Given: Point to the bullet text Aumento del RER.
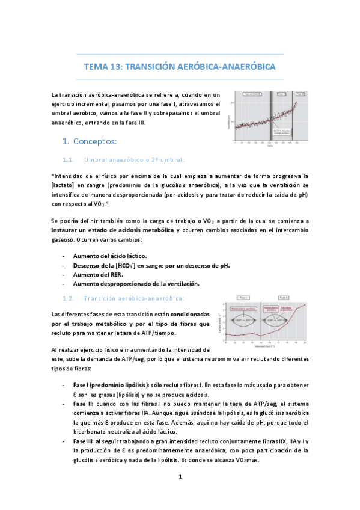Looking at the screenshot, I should (101, 274).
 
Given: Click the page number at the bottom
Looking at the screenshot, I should (180, 477).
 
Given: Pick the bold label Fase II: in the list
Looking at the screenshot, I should (84, 401).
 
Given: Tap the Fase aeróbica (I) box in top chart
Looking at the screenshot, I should (252, 94).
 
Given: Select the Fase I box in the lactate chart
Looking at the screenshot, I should (245, 298).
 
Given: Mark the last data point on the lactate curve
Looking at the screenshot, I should (305, 305).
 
